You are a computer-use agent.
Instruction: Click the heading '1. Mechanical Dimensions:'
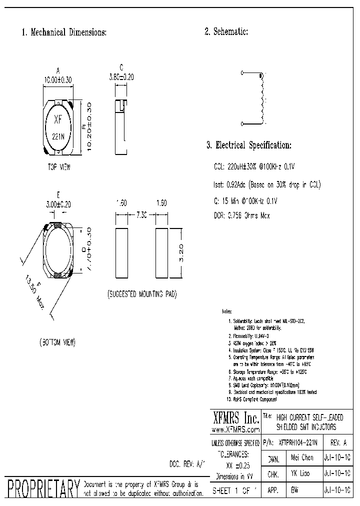pos(63,32)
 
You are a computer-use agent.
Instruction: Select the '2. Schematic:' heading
pos(226,32)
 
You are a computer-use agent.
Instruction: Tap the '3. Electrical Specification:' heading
pos(248,145)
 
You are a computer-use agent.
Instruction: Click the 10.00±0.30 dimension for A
pos(58,79)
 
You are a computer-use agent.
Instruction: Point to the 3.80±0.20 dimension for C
pos(121,77)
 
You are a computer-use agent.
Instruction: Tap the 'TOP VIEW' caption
pos(58,168)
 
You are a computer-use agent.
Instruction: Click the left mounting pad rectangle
pos(121,252)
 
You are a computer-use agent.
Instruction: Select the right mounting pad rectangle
pos(161,252)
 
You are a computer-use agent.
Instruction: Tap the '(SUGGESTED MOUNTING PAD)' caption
pos(142,294)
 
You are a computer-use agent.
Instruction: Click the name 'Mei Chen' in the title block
pos(302,457)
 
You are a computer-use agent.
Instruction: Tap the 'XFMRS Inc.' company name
pos(235,417)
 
